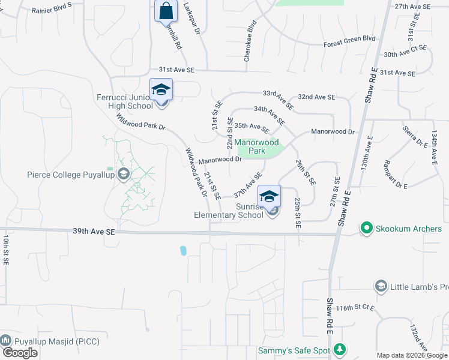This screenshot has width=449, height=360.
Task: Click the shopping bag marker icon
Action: click(x=165, y=11)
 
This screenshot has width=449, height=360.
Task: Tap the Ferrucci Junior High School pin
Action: click(x=161, y=91)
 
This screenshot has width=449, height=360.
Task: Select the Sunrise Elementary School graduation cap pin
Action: click(x=270, y=196)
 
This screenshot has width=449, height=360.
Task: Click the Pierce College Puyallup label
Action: click(x=72, y=175)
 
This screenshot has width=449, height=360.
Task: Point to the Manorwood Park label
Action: click(x=258, y=146)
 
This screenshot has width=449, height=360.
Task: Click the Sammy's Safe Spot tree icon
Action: click(x=340, y=349)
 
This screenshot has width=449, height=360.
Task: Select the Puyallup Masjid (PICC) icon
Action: click(x=7, y=339)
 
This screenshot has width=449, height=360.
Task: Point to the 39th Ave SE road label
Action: click(x=93, y=231)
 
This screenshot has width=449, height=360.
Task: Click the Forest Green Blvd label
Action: click(x=349, y=41)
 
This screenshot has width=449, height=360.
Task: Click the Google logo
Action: click(x=20, y=353)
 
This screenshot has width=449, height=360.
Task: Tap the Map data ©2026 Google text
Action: click(x=411, y=356)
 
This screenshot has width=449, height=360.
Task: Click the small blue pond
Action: click(x=183, y=250)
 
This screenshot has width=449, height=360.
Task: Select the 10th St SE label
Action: click(x=5, y=250)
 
